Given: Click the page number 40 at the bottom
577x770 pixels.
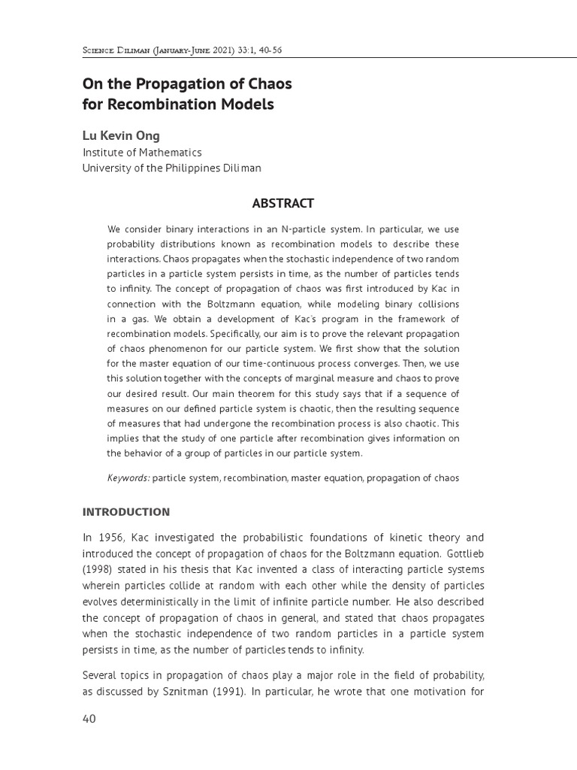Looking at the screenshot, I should coord(89,719).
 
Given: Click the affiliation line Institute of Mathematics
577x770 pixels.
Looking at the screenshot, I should coord(142,153).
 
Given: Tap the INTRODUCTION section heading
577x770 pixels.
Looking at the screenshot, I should coord(126,512).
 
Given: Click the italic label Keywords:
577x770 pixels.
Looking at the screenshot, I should coord(128,477).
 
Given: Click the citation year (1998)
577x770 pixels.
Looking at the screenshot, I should coord(99,570).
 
